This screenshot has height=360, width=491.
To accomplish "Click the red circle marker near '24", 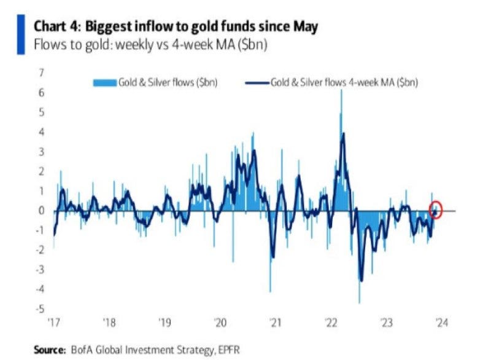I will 436,209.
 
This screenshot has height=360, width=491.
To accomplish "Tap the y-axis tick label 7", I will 41,73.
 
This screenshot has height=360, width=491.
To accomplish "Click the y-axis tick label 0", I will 41,211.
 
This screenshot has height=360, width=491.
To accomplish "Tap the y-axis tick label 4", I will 41,132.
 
